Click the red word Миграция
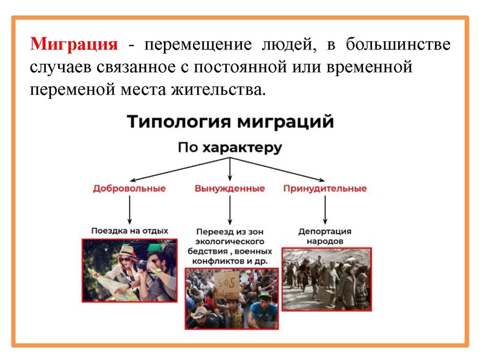(x=74, y=45)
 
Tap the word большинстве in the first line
(x=398, y=45)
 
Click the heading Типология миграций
(x=230, y=122)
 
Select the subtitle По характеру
(x=230, y=148)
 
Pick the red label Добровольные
(x=129, y=188)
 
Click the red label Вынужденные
(x=229, y=188)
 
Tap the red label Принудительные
(x=325, y=188)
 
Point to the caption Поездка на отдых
(x=129, y=231)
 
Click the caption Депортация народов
(x=325, y=236)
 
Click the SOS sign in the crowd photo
(x=225, y=284)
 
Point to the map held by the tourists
(x=109, y=284)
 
